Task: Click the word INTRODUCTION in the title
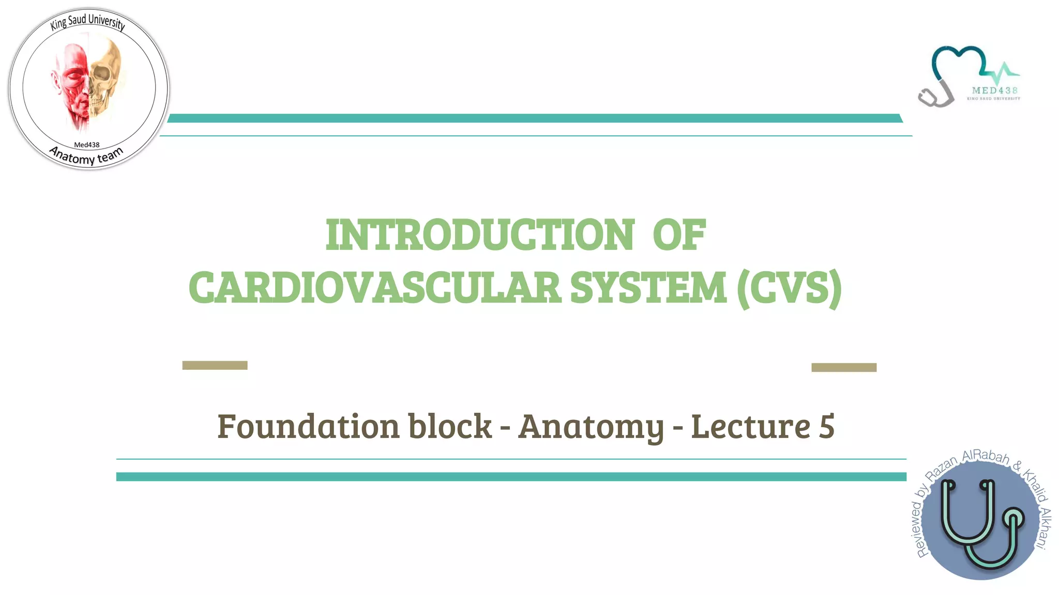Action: click(x=480, y=235)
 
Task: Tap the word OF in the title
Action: click(x=679, y=235)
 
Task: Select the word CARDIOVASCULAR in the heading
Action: click(x=375, y=288)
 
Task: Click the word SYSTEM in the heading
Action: click(x=648, y=288)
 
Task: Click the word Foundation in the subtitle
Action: click(x=308, y=427)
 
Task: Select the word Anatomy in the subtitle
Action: click(x=591, y=427)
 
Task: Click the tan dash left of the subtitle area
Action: click(x=215, y=365)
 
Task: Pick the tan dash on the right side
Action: click(x=843, y=367)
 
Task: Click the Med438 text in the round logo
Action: click(x=87, y=145)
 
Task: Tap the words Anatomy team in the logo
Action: click(x=87, y=156)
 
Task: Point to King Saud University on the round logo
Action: click(x=87, y=22)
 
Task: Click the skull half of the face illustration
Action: click(x=106, y=77)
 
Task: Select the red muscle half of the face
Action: click(x=72, y=83)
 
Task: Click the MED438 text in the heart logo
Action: click(x=994, y=90)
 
